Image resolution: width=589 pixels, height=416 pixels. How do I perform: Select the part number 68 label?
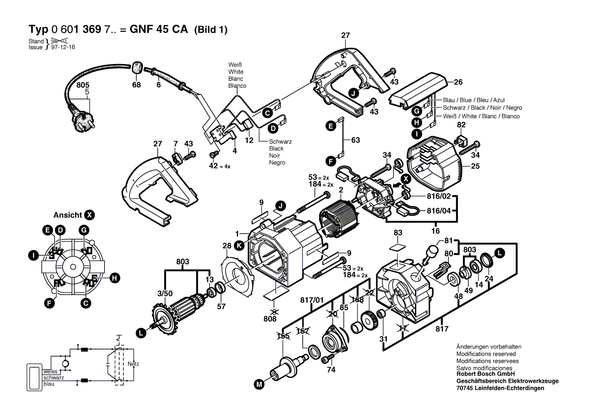click(x=136, y=85)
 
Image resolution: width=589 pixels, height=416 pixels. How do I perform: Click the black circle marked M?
click(x=259, y=385)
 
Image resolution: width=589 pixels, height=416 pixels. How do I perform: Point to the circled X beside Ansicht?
click(x=89, y=215)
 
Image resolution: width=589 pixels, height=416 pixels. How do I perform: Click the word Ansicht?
click(x=68, y=215)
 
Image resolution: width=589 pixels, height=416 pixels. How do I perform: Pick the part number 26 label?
click(x=458, y=82)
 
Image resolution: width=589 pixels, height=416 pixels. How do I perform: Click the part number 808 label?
click(x=271, y=319)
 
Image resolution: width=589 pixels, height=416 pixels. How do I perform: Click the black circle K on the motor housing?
click(x=240, y=245)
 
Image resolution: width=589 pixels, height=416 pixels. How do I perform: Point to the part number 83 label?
click(x=398, y=232)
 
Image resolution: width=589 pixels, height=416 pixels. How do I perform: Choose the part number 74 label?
click(x=331, y=370)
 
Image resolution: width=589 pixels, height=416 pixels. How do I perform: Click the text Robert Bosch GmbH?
click(x=485, y=375)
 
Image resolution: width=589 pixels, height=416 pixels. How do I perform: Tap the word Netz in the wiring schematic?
click(x=133, y=364)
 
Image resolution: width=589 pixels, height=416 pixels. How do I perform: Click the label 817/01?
click(x=312, y=300)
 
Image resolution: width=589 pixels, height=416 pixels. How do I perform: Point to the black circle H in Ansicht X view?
click(x=115, y=277)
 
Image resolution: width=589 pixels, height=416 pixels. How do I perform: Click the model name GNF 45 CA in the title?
click(x=158, y=30)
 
